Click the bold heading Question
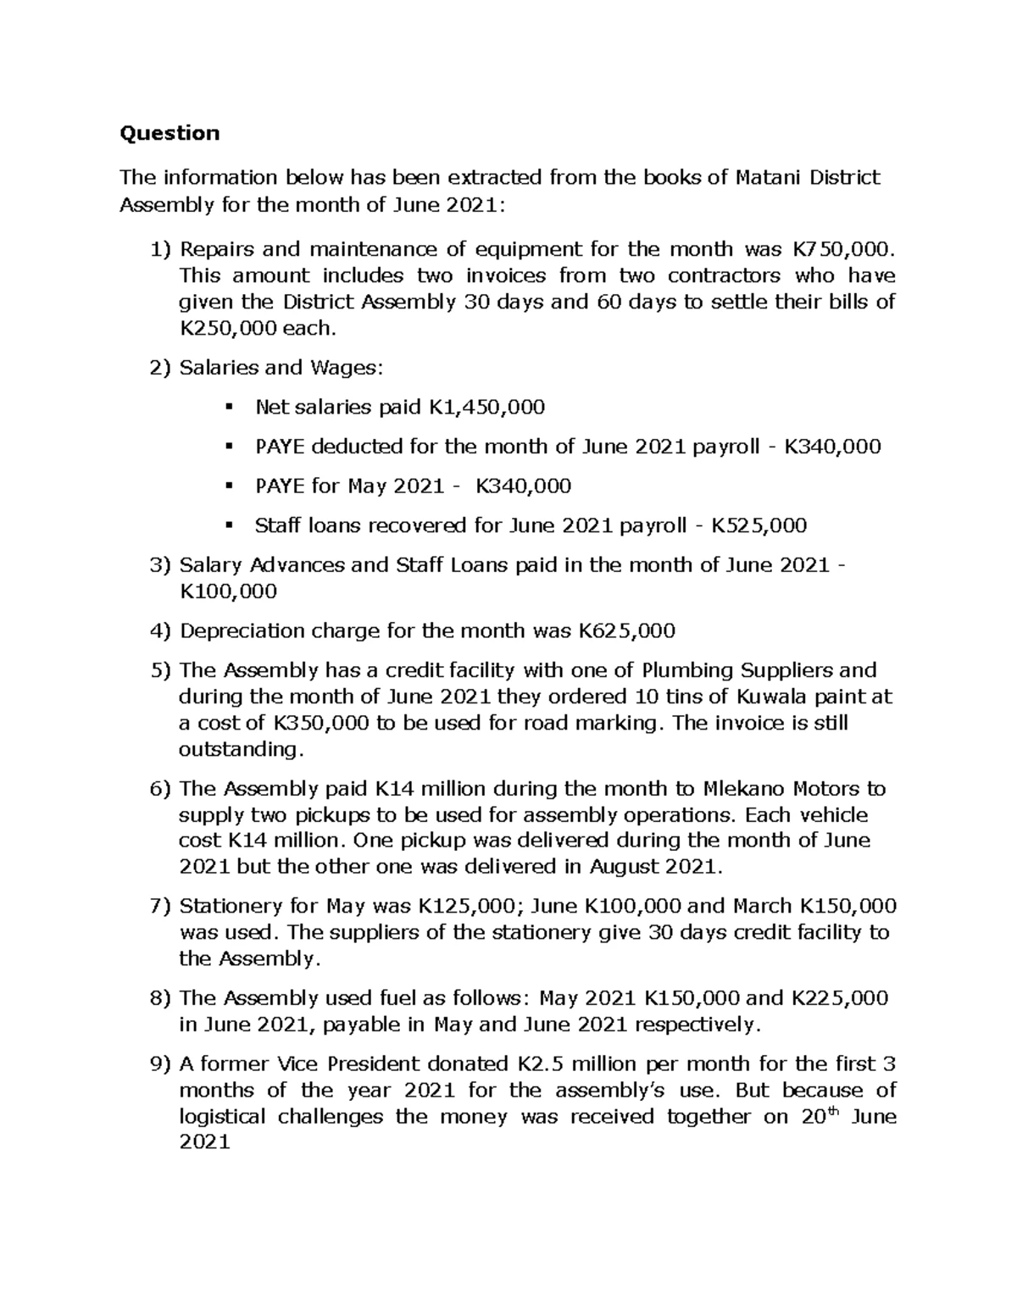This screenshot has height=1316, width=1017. pos(169,133)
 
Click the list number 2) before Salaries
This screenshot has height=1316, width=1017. pos(160,368)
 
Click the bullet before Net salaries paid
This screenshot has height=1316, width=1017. pos(228,408)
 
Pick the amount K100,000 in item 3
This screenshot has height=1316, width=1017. pos(228,591)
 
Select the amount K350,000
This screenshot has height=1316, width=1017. pos(322,723)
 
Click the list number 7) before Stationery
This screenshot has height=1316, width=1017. pos(160,907)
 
